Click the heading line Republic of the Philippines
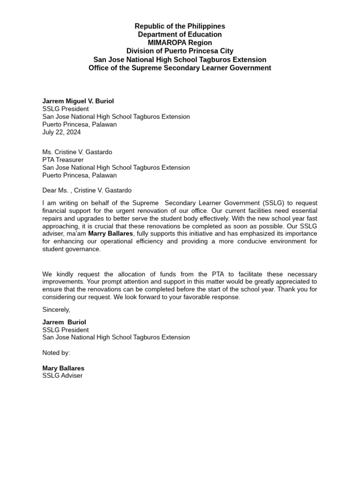pyautogui.click(x=180, y=26)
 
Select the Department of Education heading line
pyautogui.click(x=180, y=35)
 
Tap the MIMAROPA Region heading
pyautogui.click(x=180, y=43)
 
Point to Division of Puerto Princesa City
pyautogui.click(x=180, y=51)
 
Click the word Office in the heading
pyautogui.click(x=99, y=68)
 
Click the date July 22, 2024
pyautogui.click(x=61, y=132)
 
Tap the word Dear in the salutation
pyautogui.click(x=50, y=190)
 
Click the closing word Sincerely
pyautogui.click(x=56, y=309)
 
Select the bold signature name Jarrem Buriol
pyautogui.click(x=64, y=322)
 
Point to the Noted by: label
pyautogui.click(x=56, y=352)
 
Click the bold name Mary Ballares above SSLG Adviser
pyautogui.click(x=63, y=368)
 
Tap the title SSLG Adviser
pyautogui.click(x=62, y=376)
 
